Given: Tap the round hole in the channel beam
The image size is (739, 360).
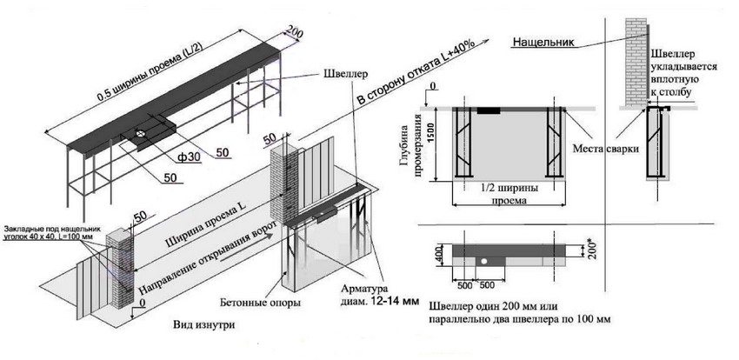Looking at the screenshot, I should (140, 135).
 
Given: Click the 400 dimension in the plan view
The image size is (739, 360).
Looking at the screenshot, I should (439, 255).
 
